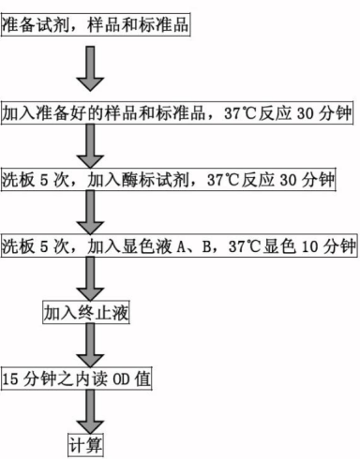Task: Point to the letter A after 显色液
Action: point(184,245)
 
